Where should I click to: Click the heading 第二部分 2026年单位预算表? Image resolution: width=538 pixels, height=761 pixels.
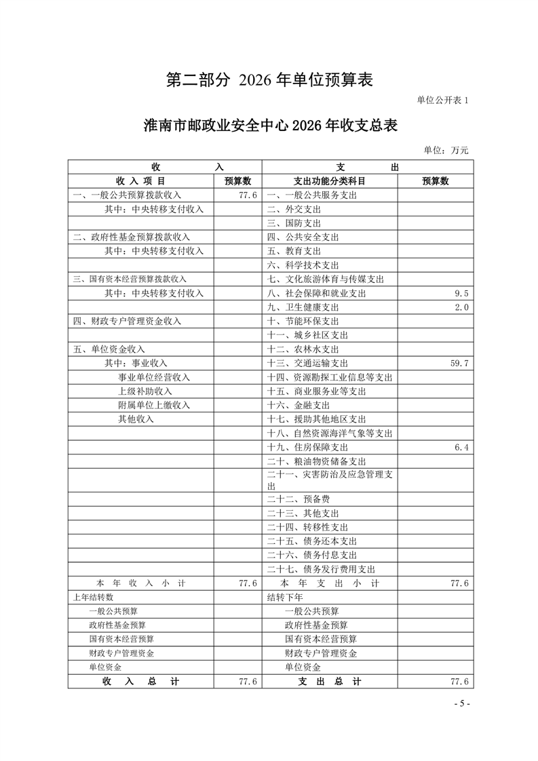pyautogui.click(x=269, y=80)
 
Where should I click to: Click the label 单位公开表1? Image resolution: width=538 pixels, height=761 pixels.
pyautogui.click(x=442, y=100)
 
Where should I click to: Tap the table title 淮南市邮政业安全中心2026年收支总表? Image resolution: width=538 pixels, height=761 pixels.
pyautogui.click(x=269, y=126)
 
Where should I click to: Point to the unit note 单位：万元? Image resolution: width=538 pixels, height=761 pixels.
pyautogui.click(x=446, y=150)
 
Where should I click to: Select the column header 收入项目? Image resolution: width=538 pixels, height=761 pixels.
pyautogui.click(x=140, y=181)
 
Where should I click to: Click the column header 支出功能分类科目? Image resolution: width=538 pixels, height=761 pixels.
pyautogui.click(x=329, y=181)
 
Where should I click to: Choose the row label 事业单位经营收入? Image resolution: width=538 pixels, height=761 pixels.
pyautogui.click(x=154, y=377)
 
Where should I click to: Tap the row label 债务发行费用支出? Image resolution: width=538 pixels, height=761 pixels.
pyautogui.click(x=321, y=569)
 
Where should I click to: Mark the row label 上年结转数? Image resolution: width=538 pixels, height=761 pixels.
pyautogui.click(x=93, y=598)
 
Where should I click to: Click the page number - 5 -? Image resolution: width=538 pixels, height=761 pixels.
pyautogui.click(x=461, y=703)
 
